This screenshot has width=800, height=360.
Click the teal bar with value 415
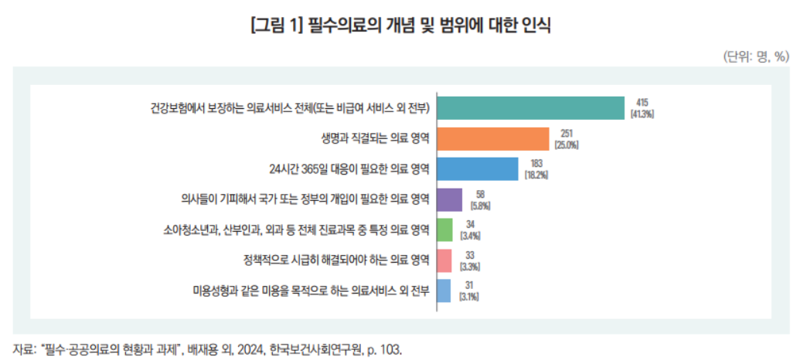[531, 107]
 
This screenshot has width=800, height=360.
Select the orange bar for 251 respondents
[493, 138]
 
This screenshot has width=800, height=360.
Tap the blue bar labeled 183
[478, 168]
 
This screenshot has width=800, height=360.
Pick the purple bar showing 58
[450, 199]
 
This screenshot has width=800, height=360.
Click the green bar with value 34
[444, 229]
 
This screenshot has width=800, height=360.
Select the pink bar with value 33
[444, 260]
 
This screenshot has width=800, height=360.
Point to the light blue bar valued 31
[444, 290]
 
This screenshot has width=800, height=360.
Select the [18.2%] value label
[536, 175]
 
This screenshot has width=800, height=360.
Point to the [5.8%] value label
[479, 205]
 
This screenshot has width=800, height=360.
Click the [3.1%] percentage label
[468, 297]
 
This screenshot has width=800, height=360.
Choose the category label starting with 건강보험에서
[291, 107]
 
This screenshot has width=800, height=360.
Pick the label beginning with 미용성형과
[311, 290]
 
